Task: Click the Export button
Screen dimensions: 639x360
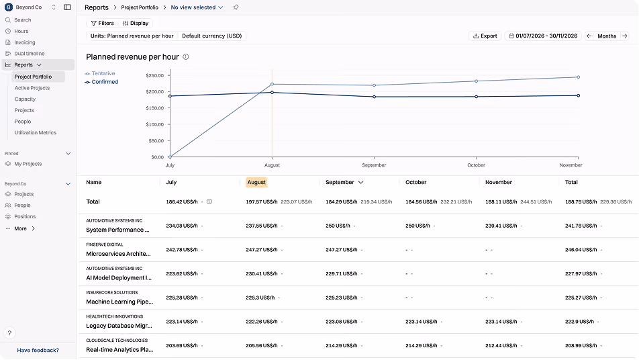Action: tap(485, 36)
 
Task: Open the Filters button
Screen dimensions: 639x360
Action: tap(102, 24)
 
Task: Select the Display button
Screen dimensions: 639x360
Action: tap(136, 24)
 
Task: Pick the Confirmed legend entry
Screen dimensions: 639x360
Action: tap(101, 82)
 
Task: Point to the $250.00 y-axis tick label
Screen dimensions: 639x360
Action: tap(155, 75)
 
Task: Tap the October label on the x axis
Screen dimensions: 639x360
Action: tap(476, 165)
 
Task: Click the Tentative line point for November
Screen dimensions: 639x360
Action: tap(579, 77)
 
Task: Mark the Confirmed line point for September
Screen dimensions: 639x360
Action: tap(374, 97)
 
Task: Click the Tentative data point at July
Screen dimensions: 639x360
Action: tap(170, 157)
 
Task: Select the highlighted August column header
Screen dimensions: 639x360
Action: tap(256, 182)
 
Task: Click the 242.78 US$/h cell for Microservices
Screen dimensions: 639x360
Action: tap(182, 249)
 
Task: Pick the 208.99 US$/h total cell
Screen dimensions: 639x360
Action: tap(581, 345)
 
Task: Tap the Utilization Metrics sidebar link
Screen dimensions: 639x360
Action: tap(36, 132)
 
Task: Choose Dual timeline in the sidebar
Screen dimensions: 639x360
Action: tap(30, 54)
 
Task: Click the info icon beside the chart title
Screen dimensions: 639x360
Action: tap(186, 56)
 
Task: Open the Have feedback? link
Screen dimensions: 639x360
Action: tap(38, 350)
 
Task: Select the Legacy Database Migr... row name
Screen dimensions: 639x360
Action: tap(119, 326)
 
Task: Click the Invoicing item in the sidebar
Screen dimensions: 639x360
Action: tap(24, 42)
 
